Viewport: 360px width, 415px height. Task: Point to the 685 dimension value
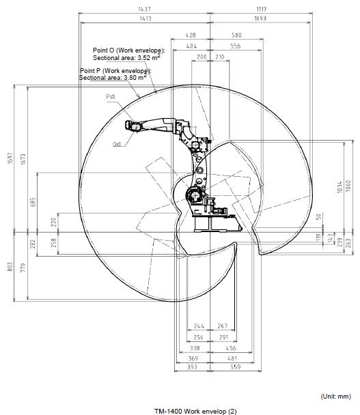point(42,202)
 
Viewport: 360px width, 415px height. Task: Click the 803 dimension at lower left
point(9,267)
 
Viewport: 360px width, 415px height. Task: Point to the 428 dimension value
point(191,34)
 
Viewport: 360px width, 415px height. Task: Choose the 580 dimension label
point(236,34)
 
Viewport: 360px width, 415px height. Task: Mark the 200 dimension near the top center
point(201,57)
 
